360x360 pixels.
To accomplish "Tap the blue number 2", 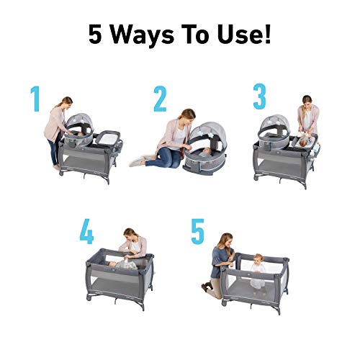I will point(160,100).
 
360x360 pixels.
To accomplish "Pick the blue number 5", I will point(197,233).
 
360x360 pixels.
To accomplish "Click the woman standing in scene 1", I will point(55,130).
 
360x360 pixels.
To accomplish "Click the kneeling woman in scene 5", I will point(219,261).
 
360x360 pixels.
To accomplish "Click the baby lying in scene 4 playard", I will point(124,264).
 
